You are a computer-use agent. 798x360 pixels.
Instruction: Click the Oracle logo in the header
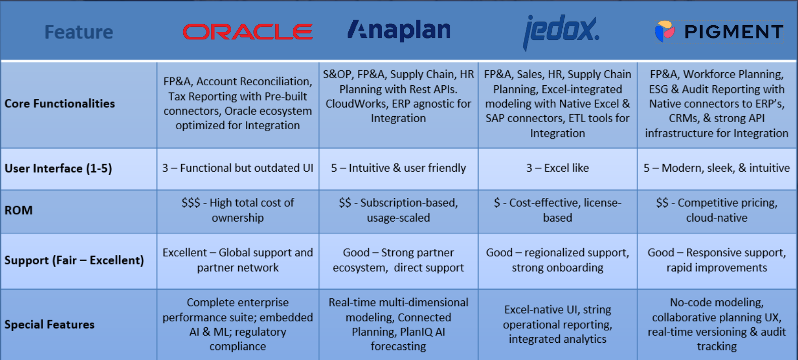[247, 32]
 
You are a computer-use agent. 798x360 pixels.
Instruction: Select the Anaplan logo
[399, 30]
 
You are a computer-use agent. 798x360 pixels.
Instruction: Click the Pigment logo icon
[665, 31]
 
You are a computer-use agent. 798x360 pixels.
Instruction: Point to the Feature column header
[79, 32]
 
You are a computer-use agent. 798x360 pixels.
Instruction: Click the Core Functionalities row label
[60, 104]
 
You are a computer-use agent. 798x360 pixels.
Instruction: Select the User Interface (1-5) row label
[58, 169]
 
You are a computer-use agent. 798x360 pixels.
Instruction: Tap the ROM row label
[19, 211]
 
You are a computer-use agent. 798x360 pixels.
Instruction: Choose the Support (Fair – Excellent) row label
[74, 261]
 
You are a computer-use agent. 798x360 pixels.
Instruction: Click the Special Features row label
[49, 325]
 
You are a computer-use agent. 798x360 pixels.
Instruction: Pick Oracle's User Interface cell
[238, 168]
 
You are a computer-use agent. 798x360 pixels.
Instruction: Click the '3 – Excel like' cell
[557, 168]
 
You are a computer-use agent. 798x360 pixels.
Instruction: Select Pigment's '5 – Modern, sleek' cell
[716, 168]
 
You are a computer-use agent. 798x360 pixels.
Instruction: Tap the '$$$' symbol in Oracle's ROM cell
[191, 203]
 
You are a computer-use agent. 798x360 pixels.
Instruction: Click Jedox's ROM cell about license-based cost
[557, 210]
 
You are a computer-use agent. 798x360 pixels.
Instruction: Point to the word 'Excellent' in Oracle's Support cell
[184, 252]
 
